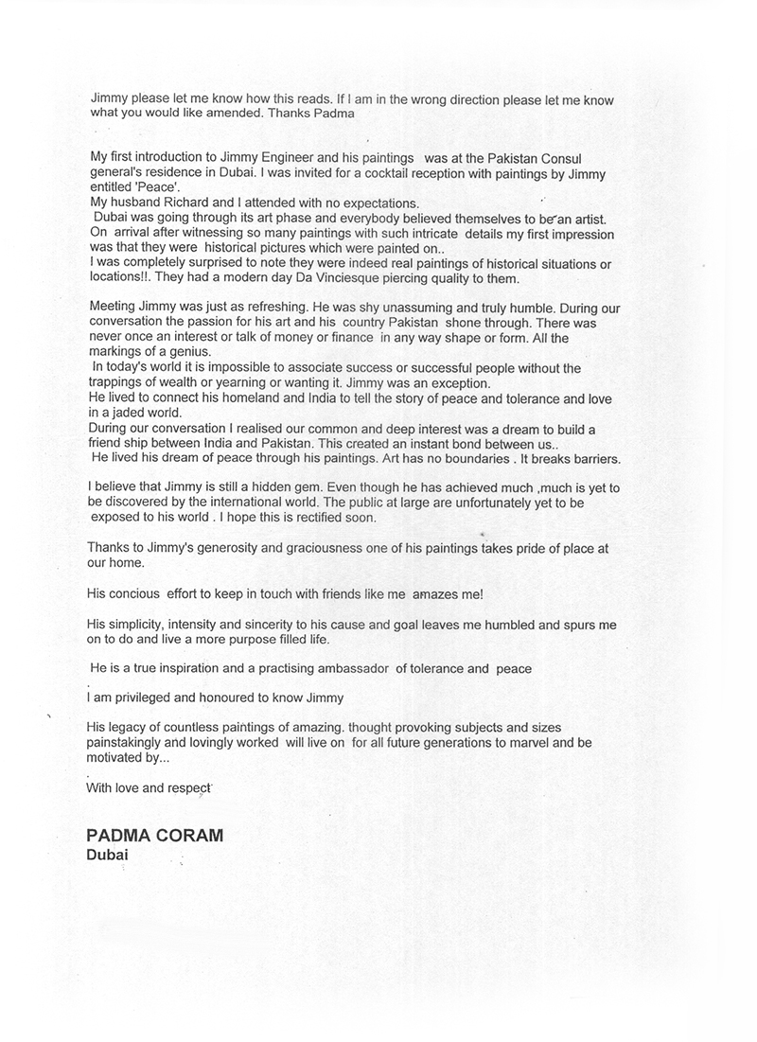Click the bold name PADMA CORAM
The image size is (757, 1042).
(x=155, y=837)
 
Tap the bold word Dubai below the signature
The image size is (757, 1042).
(x=107, y=855)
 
